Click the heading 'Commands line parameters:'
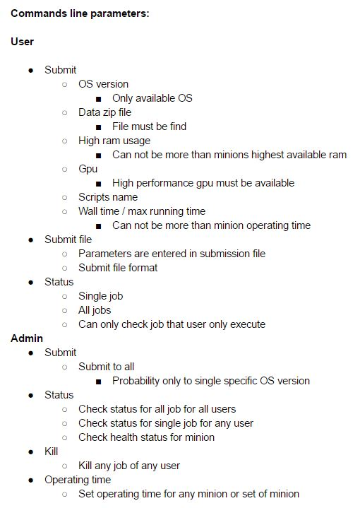coord(80,13)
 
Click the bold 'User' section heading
coord(23,42)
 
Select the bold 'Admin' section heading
coord(27,338)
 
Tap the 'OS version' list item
coord(103,84)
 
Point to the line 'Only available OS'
coord(152,98)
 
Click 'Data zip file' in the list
coord(104,112)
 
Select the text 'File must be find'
coord(149,126)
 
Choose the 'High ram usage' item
coord(114,141)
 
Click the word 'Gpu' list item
coord(88,169)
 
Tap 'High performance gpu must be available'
coord(203,183)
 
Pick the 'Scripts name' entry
coord(107,197)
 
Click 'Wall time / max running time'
coord(142,211)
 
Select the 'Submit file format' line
coord(118,268)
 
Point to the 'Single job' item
coord(100,296)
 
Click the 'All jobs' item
coord(95,310)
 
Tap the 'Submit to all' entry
coord(106,367)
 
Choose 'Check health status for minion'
coord(146,437)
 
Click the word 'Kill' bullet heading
coord(51,451)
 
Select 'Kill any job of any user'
coord(128,466)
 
